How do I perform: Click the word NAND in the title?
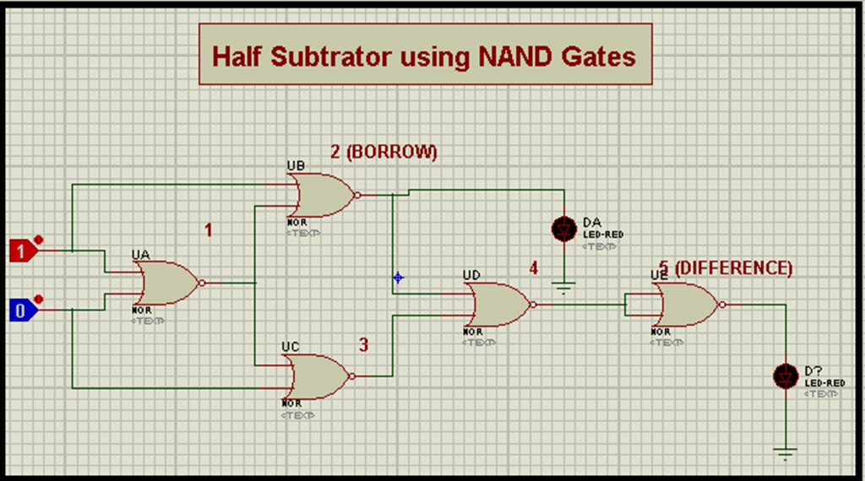pyautogui.click(x=513, y=57)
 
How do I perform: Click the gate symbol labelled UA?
pyautogui.click(x=167, y=282)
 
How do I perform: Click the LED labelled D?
pyautogui.click(x=786, y=376)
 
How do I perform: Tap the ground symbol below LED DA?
pyautogui.click(x=563, y=288)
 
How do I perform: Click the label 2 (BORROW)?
pyautogui.click(x=384, y=152)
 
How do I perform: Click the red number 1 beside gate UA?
pyautogui.click(x=209, y=229)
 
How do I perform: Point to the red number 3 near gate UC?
pyautogui.click(x=363, y=344)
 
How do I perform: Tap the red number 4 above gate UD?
pyautogui.click(x=533, y=268)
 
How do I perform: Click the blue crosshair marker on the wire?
pyautogui.click(x=398, y=277)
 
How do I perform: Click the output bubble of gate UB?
pyautogui.click(x=358, y=195)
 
